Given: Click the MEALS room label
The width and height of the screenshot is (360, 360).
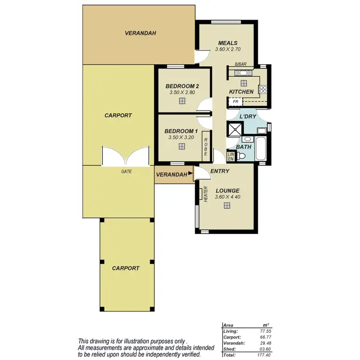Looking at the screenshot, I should tap(228, 43).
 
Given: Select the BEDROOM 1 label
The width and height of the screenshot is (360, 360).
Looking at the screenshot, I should tap(181, 131).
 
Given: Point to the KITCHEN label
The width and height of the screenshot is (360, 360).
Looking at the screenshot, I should tap(241, 92).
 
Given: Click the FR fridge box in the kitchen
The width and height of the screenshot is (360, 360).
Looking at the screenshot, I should tap(235, 102).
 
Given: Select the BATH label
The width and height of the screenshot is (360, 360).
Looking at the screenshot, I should tap(243, 146).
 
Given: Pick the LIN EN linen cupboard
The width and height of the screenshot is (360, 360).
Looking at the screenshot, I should tap(231, 156).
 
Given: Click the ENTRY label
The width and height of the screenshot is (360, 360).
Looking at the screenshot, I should tap(219, 171).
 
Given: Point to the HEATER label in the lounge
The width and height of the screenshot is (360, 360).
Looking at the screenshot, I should tap(205, 194).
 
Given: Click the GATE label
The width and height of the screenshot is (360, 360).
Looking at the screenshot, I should tap(127, 171).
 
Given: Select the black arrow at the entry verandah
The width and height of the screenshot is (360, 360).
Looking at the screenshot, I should tap(191, 173).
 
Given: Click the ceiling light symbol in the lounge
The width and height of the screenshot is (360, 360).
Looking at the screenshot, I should tap(227, 205).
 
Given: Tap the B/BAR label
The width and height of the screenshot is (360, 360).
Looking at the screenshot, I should tap(240, 64).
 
